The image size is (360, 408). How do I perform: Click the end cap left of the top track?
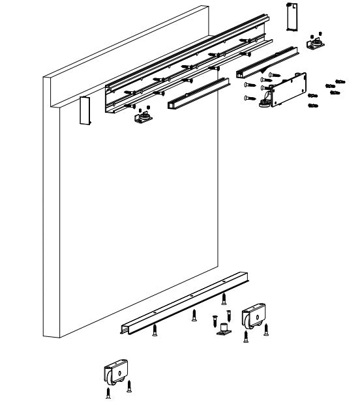point(84,109)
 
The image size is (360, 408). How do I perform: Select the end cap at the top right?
point(291,15)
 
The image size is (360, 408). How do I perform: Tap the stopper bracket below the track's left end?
point(143,117)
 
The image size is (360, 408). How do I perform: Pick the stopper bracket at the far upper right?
point(316,44)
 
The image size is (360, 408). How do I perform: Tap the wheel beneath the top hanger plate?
point(266,102)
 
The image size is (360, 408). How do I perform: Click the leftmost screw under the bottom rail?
point(155,330)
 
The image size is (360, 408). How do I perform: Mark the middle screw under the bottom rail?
point(194,316)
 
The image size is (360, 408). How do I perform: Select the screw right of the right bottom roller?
point(266,330)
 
